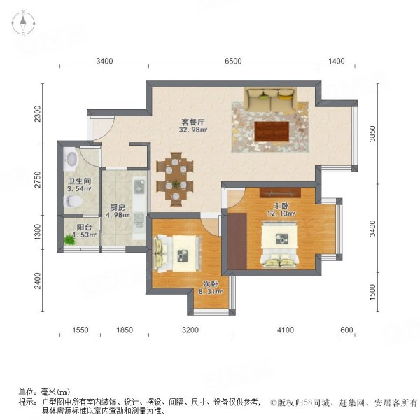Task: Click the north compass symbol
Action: click(x=23, y=24)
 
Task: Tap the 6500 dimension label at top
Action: click(x=232, y=62)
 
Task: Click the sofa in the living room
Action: click(x=270, y=99)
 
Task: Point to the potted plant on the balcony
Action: click(x=69, y=241)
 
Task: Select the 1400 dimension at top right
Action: click(x=336, y=62)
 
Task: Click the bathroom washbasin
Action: click(x=69, y=159)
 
